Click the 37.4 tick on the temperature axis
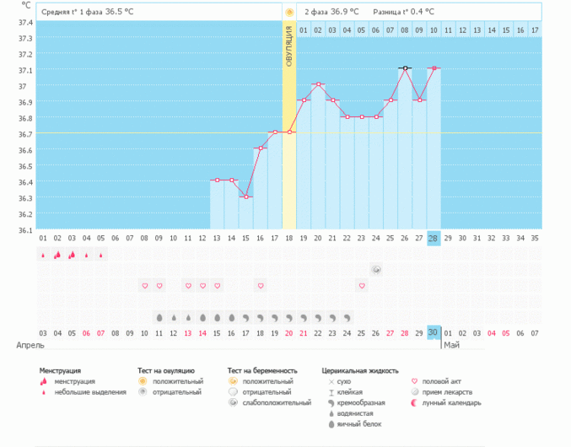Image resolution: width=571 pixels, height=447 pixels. point(25,23)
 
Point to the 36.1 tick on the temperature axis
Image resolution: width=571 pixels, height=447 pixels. point(25,229)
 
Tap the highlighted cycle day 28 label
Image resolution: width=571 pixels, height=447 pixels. point(434,239)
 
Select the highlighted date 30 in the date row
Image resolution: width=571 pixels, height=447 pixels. point(434,332)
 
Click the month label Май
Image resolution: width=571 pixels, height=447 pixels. point(451,345)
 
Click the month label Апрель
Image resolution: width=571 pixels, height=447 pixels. point(31,345)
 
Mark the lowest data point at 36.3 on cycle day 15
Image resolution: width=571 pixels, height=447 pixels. point(245,197)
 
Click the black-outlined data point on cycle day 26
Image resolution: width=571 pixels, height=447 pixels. point(405,68)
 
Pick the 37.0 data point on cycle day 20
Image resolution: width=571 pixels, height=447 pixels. point(318,84)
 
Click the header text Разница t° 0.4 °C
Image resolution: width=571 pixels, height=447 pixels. point(406,12)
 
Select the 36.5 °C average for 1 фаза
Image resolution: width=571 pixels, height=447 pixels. point(119,12)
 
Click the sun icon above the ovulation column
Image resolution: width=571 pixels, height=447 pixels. point(289,12)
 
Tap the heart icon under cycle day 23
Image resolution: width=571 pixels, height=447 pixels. point(362,286)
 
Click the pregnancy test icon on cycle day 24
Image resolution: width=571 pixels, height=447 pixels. point(376,269)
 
